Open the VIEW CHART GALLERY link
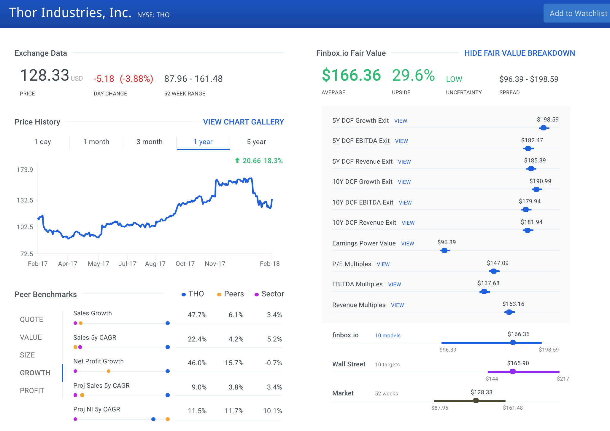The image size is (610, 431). pyautogui.click(x=243, y=122)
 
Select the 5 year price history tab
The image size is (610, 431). pyautogui.click(x=256, y=142)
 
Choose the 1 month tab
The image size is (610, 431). pyautogui.click(x=96, y=142)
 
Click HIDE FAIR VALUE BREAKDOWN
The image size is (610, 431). pyautogui.click(x=520, y=53)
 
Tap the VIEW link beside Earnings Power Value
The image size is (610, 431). pyautogui.click(x=407, y=244)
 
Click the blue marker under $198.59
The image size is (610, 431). pyautogui.click(x=544, y=128)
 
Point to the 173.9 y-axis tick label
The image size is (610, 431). pyautogui.click(x=25, y=170)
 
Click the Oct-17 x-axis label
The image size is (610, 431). pyautogui.click(x=185, y=264)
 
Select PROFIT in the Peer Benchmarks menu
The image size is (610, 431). pyautogui.click(x=32, y=391)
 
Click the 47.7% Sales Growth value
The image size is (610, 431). pyautogui.click(x=197, y=315)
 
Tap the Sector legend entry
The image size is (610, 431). pyautogui.click(x=269, y=294)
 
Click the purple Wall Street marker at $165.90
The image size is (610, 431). pyautogui.click(x=512, y=371)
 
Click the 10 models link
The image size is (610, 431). pyautogui.click(x=387, y=336)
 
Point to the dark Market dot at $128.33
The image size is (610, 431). pyautogui.click(x=476, y=400)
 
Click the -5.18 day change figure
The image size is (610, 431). pyautogui.click(x=104, y=79)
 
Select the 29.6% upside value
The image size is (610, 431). pyautogui.click(x=413, y=75)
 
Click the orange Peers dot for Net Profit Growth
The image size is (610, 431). pyautogui.click(x=109, y=371)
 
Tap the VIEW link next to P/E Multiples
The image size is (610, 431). pyautogui.click(x=383, y=264)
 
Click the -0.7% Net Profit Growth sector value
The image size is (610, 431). pyautogui.click(x=273, y=363)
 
